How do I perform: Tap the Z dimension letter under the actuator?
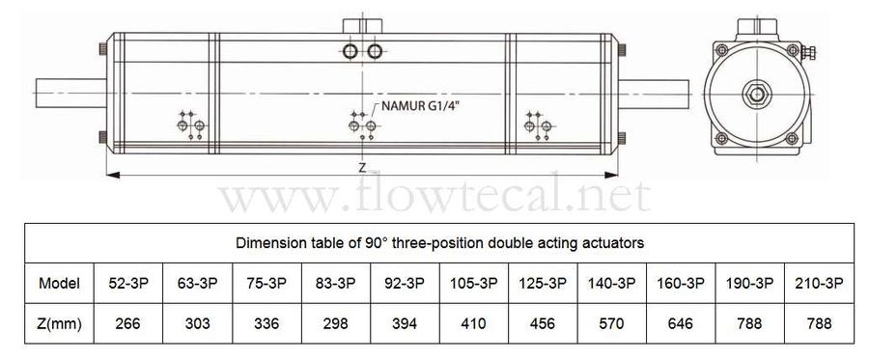click(362, 167)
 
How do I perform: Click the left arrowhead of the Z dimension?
click(113, 175)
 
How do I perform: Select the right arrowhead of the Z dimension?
click(611, 175)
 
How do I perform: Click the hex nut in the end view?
click(755, 95)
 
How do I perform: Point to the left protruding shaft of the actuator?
click(70, 93)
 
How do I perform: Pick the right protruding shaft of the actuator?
click(654, 93)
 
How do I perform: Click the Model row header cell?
click(59, 283)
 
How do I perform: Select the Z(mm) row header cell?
click(59, 323)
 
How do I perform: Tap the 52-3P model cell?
click(128, 283)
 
